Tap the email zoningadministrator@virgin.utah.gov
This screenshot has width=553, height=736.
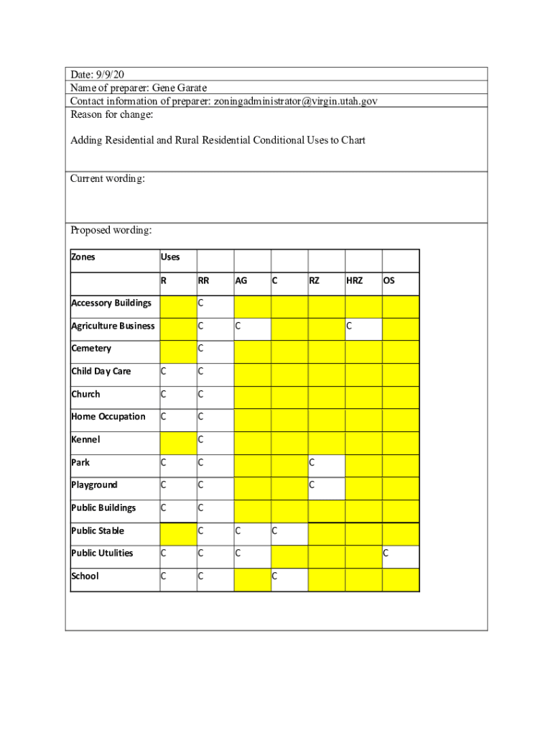[x=295, y=101]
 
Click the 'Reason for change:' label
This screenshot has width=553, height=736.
[x=103, y=115]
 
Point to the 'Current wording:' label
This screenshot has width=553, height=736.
[x=108, y=178]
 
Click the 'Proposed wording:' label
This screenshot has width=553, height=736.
[x=111, y=231]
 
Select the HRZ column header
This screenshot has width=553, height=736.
[x=355, y=281]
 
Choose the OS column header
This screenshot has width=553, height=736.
[x=389, y=281]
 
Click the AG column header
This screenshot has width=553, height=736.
[x=241, y=281]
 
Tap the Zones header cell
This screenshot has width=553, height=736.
[x=83, y=257]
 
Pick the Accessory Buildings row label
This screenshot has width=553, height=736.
[x=111, y=303]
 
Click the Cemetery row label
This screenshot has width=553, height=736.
[x=91, y=349]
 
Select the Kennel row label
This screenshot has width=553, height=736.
[x=85, y=440]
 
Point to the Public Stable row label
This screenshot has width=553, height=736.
[x=98, y=531]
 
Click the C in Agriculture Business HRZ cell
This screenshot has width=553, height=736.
[x=349, y=326]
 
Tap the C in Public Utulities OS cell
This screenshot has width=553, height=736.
[x=386, y=553]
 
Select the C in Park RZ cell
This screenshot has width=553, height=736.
[x=312, y=463]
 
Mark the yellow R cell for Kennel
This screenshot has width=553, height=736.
[x=177, y=440]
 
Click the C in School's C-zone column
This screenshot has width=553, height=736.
[x=274, y=576]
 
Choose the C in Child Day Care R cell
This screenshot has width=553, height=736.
[x=163, y=372]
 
